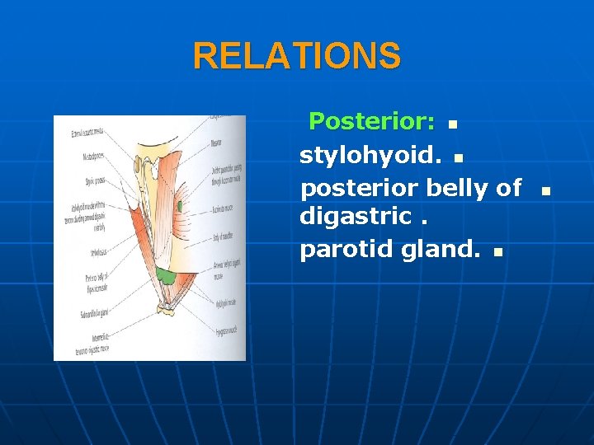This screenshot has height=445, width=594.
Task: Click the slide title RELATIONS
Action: (x=297, y=57)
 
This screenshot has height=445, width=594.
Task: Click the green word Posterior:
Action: (x=371, y=122)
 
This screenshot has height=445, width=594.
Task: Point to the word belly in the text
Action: (x=458, y=188)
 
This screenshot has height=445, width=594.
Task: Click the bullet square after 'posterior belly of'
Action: (x=544, y=191)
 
